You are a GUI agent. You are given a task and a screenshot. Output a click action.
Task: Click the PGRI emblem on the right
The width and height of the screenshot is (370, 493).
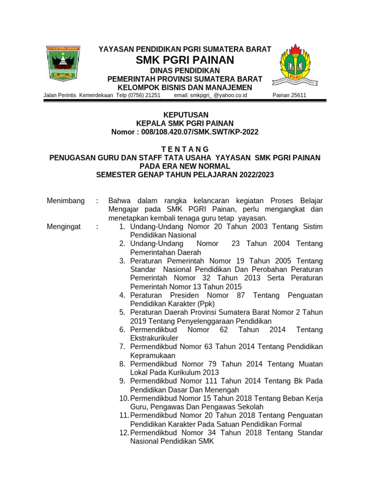[x=295, y=65]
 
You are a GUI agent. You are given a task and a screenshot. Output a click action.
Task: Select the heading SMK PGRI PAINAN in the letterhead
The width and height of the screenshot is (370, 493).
[x=185, y=60]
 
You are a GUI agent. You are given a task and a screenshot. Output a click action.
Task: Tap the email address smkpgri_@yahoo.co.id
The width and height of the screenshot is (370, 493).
[x=210, y=95]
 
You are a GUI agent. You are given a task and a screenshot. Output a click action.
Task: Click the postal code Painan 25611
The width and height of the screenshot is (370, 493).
[x=289, y=95]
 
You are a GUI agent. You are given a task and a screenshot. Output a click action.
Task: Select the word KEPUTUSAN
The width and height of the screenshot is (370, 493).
[x=185, y=115]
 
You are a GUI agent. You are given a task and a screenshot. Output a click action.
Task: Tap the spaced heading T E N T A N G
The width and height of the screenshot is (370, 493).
[x=185, y=149]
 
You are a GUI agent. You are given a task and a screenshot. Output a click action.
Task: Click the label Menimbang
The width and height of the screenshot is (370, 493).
[x=66, y=201]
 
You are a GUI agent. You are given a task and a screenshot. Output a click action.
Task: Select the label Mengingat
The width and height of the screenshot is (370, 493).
[x=64, y=227]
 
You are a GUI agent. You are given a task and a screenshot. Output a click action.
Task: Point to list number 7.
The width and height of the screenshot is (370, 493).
[x=122, y=347]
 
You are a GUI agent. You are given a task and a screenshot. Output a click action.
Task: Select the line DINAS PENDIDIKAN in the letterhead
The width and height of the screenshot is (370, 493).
[x=185, y=71]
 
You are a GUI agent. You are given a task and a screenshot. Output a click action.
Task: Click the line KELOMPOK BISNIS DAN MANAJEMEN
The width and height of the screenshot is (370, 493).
[x=185, y=87]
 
